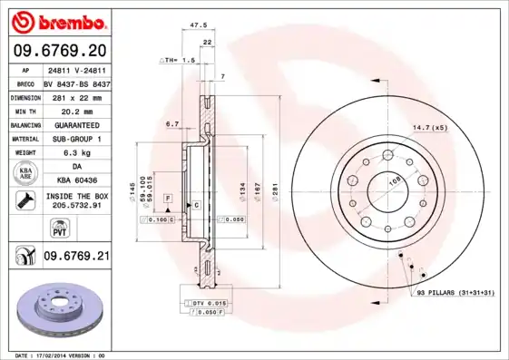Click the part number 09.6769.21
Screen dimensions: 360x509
[x=75, y=257]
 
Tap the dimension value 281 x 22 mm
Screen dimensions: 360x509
[x=75, y=95]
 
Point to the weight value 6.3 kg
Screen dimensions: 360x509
[x=75, y=153]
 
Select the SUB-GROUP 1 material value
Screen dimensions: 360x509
[x=75, y=139]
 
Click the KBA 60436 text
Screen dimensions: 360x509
[x=75, y=181]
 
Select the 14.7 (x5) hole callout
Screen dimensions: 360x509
[x=429, y=127]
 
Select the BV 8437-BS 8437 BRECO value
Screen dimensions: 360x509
[x=75, y=82]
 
